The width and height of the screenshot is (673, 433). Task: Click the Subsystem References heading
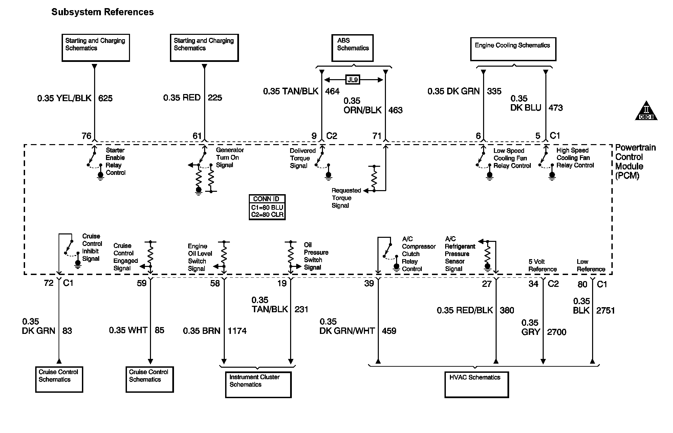tap(103, 12)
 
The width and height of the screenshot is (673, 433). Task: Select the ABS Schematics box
tap(352, 48)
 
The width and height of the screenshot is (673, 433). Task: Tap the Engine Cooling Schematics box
tap(513, 49)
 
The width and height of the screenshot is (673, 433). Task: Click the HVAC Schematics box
tap(477, 384)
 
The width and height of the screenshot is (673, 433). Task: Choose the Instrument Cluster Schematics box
tap(258, 385)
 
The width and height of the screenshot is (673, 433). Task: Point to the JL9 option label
tap(353, 80)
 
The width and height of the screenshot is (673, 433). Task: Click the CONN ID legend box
tap(267, 207)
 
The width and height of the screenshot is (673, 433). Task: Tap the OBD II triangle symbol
tap(646, 111)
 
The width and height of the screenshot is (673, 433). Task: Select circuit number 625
tap(105, 98)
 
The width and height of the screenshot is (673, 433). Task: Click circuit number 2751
tap(605, 311)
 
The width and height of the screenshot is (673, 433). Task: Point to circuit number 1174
tap(237, 331)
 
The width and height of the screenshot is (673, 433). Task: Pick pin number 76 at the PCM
tap(87, 136)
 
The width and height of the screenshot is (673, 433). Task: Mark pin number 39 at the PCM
tap(369, 283)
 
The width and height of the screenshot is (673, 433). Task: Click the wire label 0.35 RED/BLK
tap(465, 311)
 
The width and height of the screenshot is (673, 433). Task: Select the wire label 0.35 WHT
tap(128, 330)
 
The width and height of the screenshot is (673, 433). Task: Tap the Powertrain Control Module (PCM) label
tap(635, 162)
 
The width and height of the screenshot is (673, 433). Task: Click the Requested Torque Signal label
tap(346, 198)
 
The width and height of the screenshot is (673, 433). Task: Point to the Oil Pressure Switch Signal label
tap(316, 256)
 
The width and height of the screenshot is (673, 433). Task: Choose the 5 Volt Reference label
tap(542, 266)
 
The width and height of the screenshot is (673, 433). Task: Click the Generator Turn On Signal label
tap(230, 158)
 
